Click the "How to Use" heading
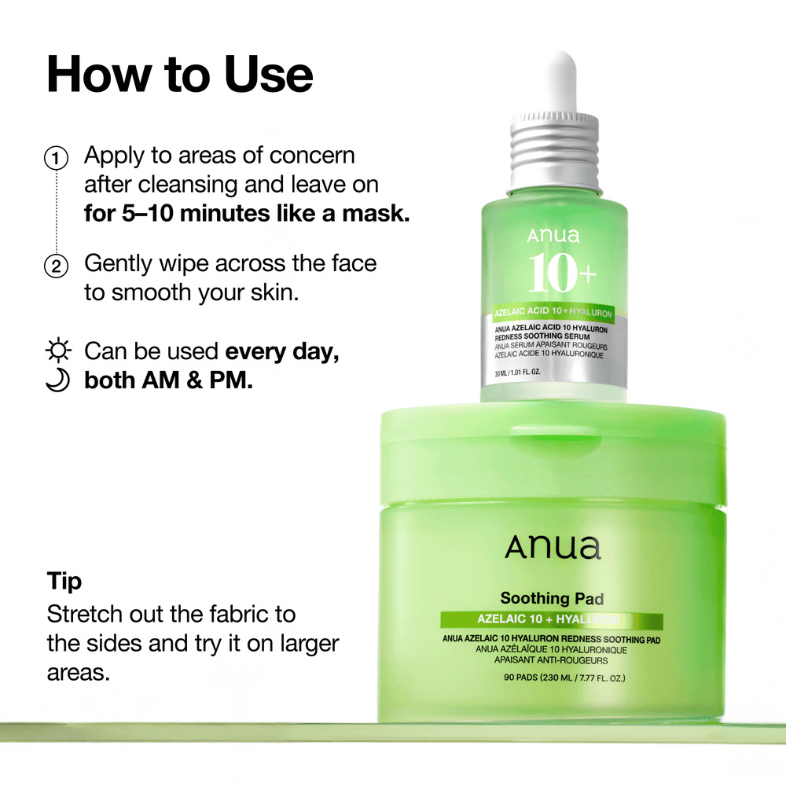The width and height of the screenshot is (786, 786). (x=180, y=75)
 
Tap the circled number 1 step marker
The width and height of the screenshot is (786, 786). (x=56, y=157)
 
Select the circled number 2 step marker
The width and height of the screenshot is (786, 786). (x=56, y=266)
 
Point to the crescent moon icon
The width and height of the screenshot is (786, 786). (x=57, y=380)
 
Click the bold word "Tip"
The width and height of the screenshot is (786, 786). (x=64, y=582)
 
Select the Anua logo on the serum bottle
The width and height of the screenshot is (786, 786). (x=553, y=235)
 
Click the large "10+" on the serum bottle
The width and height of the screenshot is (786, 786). (x=562, y=273)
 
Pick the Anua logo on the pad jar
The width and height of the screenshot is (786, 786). (x=553, y=547)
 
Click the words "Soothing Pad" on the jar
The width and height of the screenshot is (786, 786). (x=552, y=599)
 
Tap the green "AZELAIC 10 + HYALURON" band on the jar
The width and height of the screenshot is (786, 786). (x=552, y=620)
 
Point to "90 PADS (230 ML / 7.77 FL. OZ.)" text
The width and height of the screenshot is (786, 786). (x=553, y=678)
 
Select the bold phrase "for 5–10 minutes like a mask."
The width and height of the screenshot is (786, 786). (x=247, y=214)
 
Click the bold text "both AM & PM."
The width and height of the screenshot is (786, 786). (x=168, y=381)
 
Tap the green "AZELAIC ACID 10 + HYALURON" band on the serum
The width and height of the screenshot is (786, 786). (x=553, y=312)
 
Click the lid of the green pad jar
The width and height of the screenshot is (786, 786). (x=553, y=456)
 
